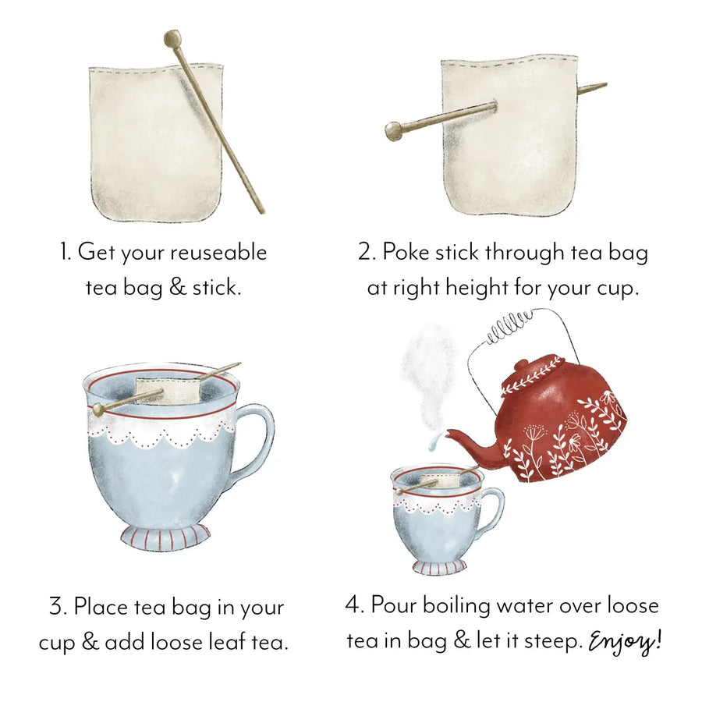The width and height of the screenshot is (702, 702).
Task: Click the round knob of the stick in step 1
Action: point(172,38)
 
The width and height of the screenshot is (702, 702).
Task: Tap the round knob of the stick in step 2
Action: point(393,131)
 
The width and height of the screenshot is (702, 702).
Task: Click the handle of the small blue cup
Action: point(494,507)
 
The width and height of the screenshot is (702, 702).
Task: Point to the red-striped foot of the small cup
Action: point(439,566)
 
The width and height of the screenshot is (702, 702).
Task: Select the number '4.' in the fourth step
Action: point(354,605)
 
